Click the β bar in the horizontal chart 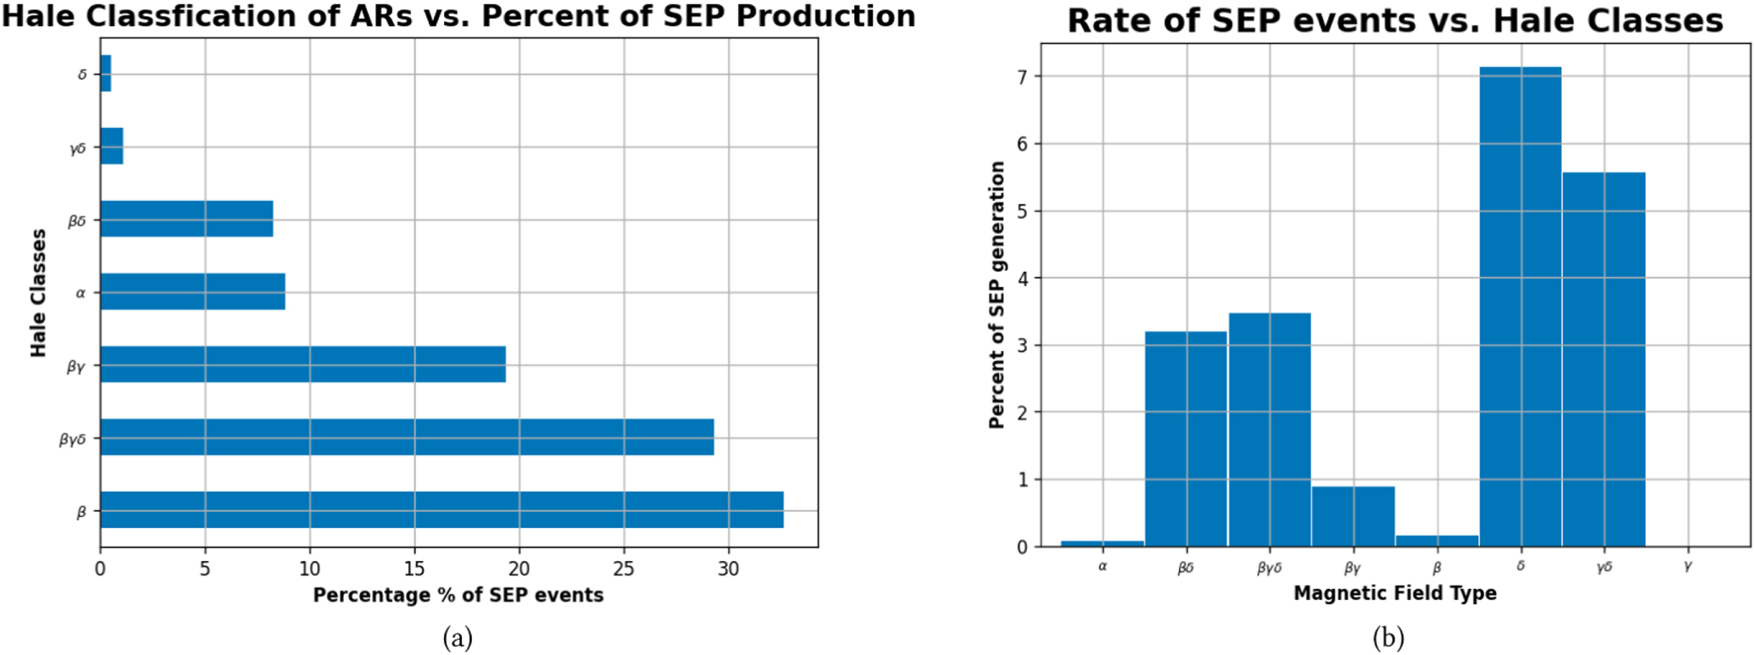(441, 509)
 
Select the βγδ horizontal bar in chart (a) (407, 437)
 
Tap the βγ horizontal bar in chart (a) (303, 364)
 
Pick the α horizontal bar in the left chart (192, 291)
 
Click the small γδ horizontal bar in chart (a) (111, 147)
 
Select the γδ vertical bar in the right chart (1603, 359)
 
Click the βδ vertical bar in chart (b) (1185, 439)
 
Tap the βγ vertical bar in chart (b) (1352, 516)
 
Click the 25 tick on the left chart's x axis (624, 569)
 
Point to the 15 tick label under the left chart (414, 569)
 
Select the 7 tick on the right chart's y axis (1022, 77)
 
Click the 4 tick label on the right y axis (1022, 279)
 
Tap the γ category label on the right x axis (1687, 566)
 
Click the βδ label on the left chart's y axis (77, 221)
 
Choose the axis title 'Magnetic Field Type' (1395, 593)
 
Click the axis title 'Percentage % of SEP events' (458, 595)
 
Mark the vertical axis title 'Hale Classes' (38, 292)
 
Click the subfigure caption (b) (1388, 637)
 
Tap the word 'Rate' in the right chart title (1106, 20)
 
